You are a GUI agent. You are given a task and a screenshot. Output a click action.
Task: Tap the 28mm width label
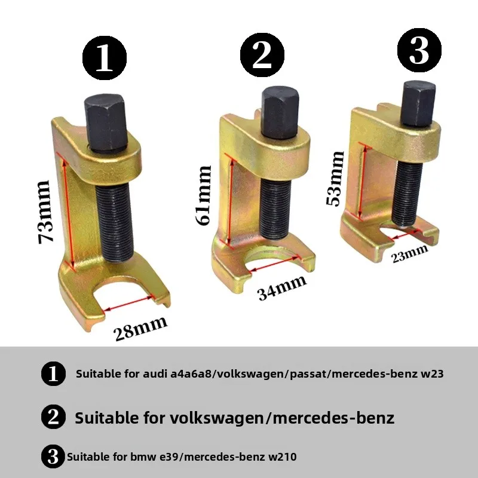tap(141, 329)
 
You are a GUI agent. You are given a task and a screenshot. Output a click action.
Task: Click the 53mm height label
tap(335, 178)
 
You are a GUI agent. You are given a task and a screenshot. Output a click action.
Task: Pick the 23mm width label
tap(410, 254)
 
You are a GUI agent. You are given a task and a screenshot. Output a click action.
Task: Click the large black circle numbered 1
tap(105, 58)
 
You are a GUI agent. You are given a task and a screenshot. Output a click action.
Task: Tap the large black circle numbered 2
tap(262, 55)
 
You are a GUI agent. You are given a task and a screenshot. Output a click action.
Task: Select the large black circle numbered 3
tap(419, 50)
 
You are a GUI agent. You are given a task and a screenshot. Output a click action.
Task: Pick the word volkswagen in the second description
tap(216, 418)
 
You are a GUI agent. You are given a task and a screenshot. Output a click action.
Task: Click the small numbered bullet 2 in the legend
tap(53, 416)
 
